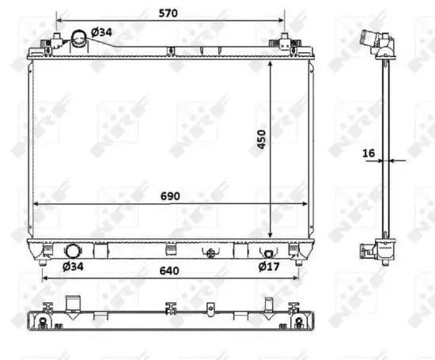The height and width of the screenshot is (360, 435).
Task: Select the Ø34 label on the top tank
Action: pyautogui.click(x=100, y=32)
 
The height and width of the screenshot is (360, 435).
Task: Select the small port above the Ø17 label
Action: pyautogui.click(x=268, y=253)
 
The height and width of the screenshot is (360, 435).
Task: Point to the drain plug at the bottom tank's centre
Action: pyautogui.click(x=210, y=253)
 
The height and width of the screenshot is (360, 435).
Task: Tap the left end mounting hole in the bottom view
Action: pyautogui.click(x=42, y=323)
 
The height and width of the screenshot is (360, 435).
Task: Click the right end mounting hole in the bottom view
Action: pyautogui.click(x=298, y=323)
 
